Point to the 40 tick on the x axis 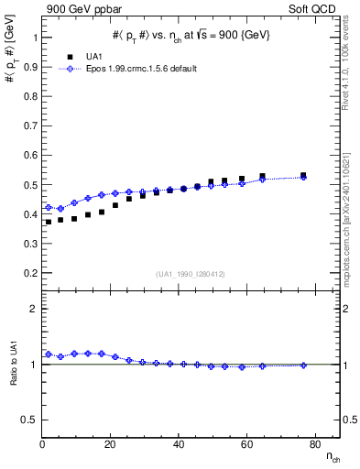pos(179,445)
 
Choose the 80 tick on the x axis pos(314,445)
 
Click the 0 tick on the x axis pos(42,445)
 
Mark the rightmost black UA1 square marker pos(303,175)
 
